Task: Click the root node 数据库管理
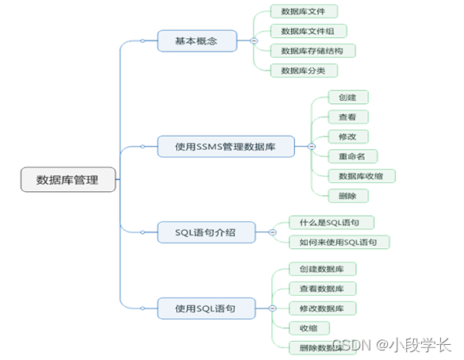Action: (67, 180)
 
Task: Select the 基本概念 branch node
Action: (197, 40)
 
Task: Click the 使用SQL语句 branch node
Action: (205, 307)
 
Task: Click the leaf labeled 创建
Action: (347, 97)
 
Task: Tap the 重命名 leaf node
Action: (352, 156)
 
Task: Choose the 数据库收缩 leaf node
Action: (362, 176)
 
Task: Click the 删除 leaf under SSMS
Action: (347, 196)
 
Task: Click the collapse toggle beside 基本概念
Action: (253, 40)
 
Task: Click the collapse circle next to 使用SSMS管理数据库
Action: (311, 147)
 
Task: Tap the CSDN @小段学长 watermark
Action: (391, 345)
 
